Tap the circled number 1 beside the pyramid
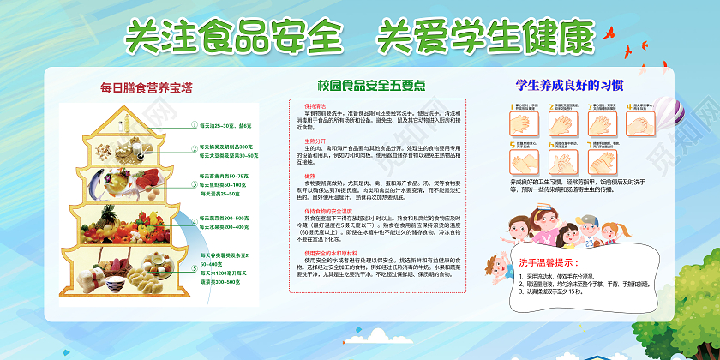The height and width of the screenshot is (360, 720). point(194,125)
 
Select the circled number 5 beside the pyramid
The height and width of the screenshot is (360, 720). point(194,267)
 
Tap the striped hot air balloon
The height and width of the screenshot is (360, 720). point(665,111)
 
